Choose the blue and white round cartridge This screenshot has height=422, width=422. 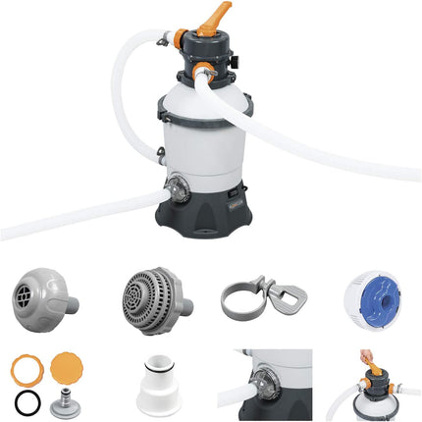377,293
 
